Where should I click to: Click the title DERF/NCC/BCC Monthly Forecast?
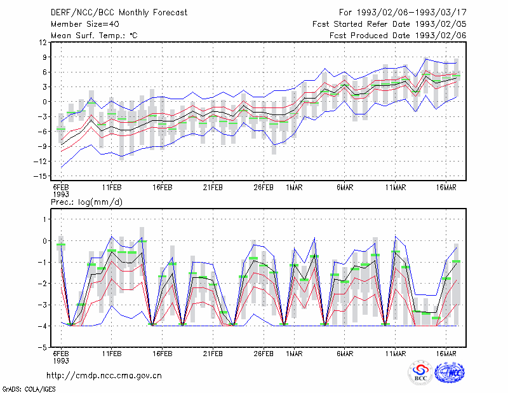(119, 13)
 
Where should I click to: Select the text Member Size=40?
(85, 24)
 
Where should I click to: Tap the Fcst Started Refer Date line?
(389, 24)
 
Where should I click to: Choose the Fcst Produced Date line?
(398, 36)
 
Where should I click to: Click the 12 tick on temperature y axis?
(43, 43)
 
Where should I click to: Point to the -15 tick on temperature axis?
(40, 176)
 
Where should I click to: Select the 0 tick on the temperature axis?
(44, 102)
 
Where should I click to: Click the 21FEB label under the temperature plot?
(213, 188)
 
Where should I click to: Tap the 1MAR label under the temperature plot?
(294, 188)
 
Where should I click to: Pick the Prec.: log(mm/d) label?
(86, 202)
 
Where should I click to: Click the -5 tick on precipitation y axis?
(43, 348)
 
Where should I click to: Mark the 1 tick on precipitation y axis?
(44, 219)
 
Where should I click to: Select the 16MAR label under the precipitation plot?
(446, 354)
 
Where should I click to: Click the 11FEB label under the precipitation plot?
(112, 354)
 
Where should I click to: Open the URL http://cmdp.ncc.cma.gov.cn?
(104, 376)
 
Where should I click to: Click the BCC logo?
(420, 372)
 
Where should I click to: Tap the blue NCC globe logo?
(450, 372)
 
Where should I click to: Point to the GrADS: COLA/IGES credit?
(29, 389)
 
